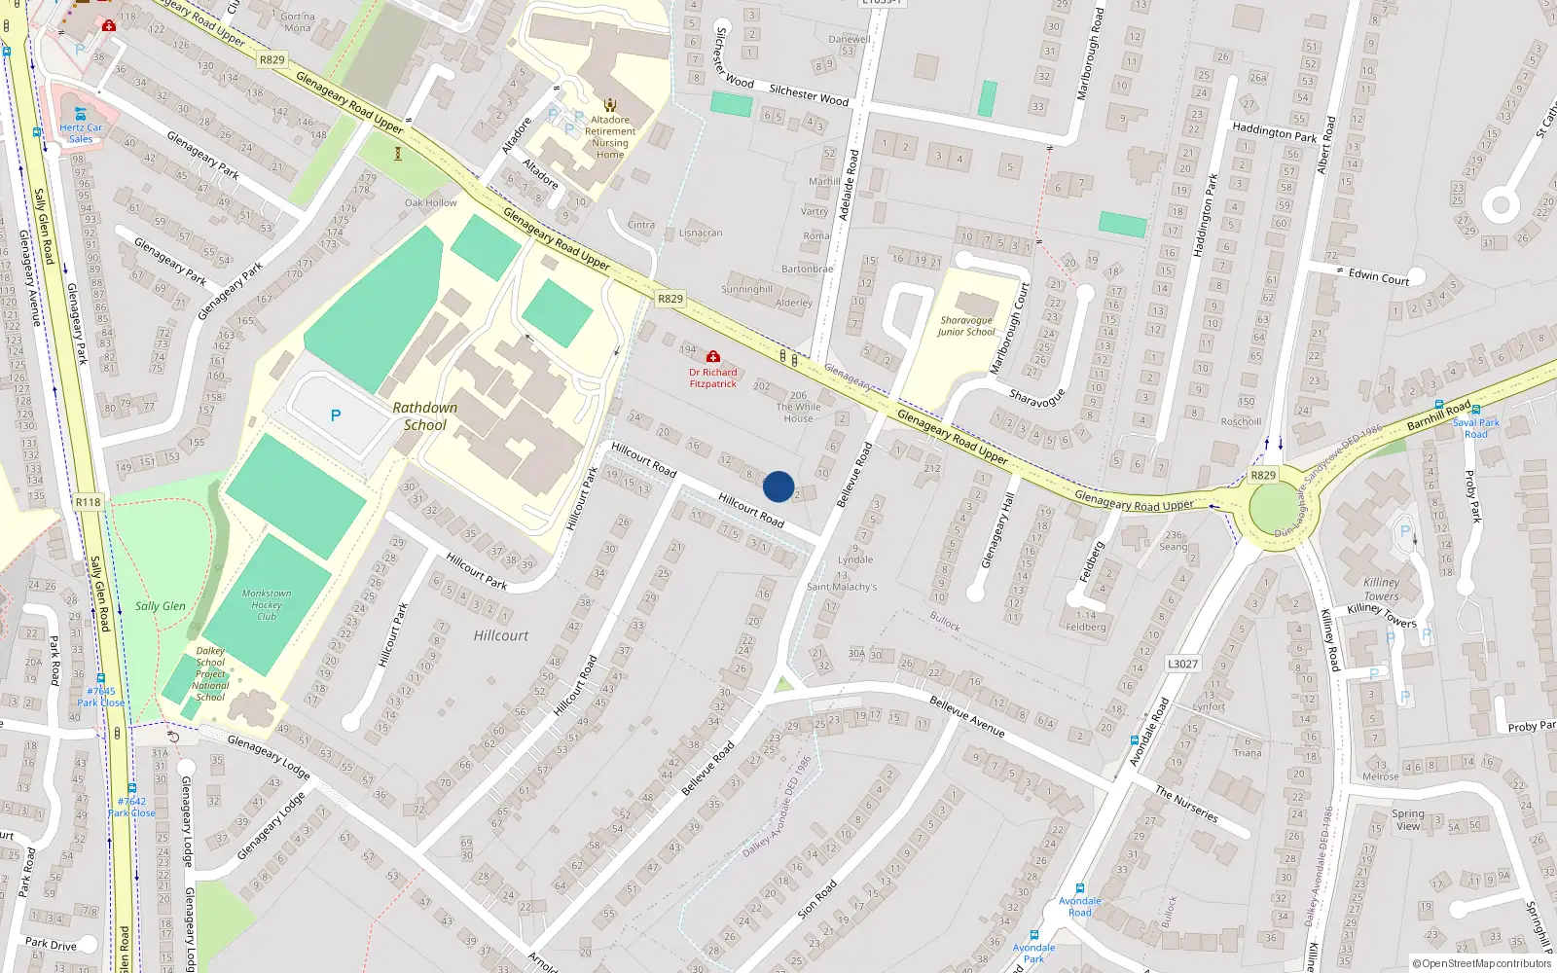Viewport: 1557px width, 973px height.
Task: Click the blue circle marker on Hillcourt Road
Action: coord(778,486)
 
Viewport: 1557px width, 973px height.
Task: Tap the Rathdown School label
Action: coord(425,416)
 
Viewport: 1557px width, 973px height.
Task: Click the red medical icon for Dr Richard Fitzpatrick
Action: coord(713,357)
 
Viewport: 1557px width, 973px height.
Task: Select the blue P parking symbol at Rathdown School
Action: coord(336,415)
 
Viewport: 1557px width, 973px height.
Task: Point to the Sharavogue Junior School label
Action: coord(966,326)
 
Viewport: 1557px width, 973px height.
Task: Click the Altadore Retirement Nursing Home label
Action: coord(610,137)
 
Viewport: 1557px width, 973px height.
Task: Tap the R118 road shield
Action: coord(88,502)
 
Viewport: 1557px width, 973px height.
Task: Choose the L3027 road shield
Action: coord(1182,664)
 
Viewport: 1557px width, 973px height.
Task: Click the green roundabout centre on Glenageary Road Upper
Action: coord(1273,509)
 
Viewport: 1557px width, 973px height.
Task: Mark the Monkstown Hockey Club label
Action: coord(267,604)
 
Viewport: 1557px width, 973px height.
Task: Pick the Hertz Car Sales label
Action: coord(81,132)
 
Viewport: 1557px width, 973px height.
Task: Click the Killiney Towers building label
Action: coord(1381,590)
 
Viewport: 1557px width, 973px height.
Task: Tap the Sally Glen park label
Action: coord(161,606)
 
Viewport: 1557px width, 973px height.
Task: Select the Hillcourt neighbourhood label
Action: coord(501,635)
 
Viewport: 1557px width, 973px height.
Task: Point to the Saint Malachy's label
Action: coord(842,587)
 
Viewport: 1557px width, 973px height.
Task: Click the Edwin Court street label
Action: coord(1379,277)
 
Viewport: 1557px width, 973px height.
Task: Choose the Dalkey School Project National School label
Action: coord(210,674)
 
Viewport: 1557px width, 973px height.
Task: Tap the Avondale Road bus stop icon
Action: coord(1080,888)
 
